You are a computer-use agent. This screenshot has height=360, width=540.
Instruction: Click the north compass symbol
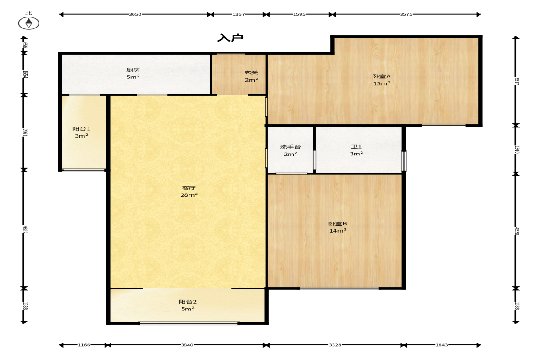tap(28, 23)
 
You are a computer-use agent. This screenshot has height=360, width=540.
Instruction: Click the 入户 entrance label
tap(230, 38)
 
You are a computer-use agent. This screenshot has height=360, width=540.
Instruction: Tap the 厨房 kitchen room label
tap(133, 70)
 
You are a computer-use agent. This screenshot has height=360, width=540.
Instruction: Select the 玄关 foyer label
tap(251, 72)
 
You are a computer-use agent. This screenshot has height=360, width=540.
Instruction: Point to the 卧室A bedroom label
tap(382, 77)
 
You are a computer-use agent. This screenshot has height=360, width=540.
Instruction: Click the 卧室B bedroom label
tap(338, 223)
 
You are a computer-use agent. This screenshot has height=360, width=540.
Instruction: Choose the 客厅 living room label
tap(189, 188)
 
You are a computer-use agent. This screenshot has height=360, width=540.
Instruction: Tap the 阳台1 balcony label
tap(82, 129)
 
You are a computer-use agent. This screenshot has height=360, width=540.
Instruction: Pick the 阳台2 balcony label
tap(188, 302)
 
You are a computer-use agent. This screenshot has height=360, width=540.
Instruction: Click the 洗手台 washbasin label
tap(290, 147)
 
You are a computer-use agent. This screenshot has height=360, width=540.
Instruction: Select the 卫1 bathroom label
tap(356, 147)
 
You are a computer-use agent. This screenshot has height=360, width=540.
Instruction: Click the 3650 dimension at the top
tap(135, 14)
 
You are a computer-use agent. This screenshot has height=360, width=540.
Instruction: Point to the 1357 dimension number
tap(238, 14)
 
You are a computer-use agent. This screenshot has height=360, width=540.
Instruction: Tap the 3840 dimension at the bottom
tap(187, 345)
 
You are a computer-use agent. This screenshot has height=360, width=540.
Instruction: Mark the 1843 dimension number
tap(442, 345)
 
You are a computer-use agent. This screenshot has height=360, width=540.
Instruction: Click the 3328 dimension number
tap(335, 345)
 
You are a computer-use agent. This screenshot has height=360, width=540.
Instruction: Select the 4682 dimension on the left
tap(24, 229)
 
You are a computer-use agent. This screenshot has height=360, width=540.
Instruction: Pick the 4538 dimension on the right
tap(517, 231)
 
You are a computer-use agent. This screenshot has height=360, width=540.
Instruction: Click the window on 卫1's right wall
tap(404, 161)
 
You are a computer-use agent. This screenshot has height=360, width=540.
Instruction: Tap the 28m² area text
tap(189, 195)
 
